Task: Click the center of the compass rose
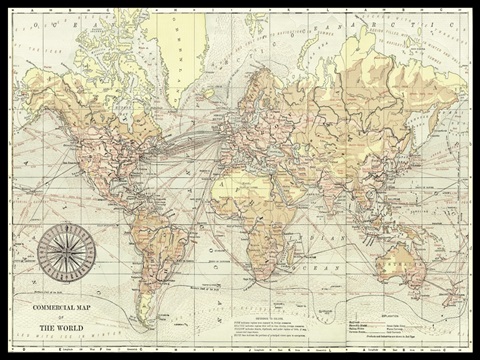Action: click(x=66, y=250)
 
